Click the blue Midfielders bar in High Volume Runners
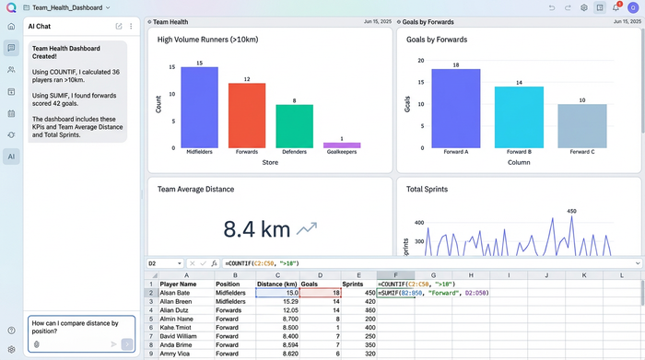point(199,107)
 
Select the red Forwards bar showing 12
point(247,115)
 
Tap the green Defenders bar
point(294,126)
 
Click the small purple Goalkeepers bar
point(342,145)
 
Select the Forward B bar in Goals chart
point(519,117)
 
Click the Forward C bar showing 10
point(582,125)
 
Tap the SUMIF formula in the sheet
point(433,293)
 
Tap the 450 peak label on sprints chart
point(570,211)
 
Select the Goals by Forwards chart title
point(437,40)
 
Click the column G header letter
point(432,274)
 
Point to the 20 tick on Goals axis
point(421,60)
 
